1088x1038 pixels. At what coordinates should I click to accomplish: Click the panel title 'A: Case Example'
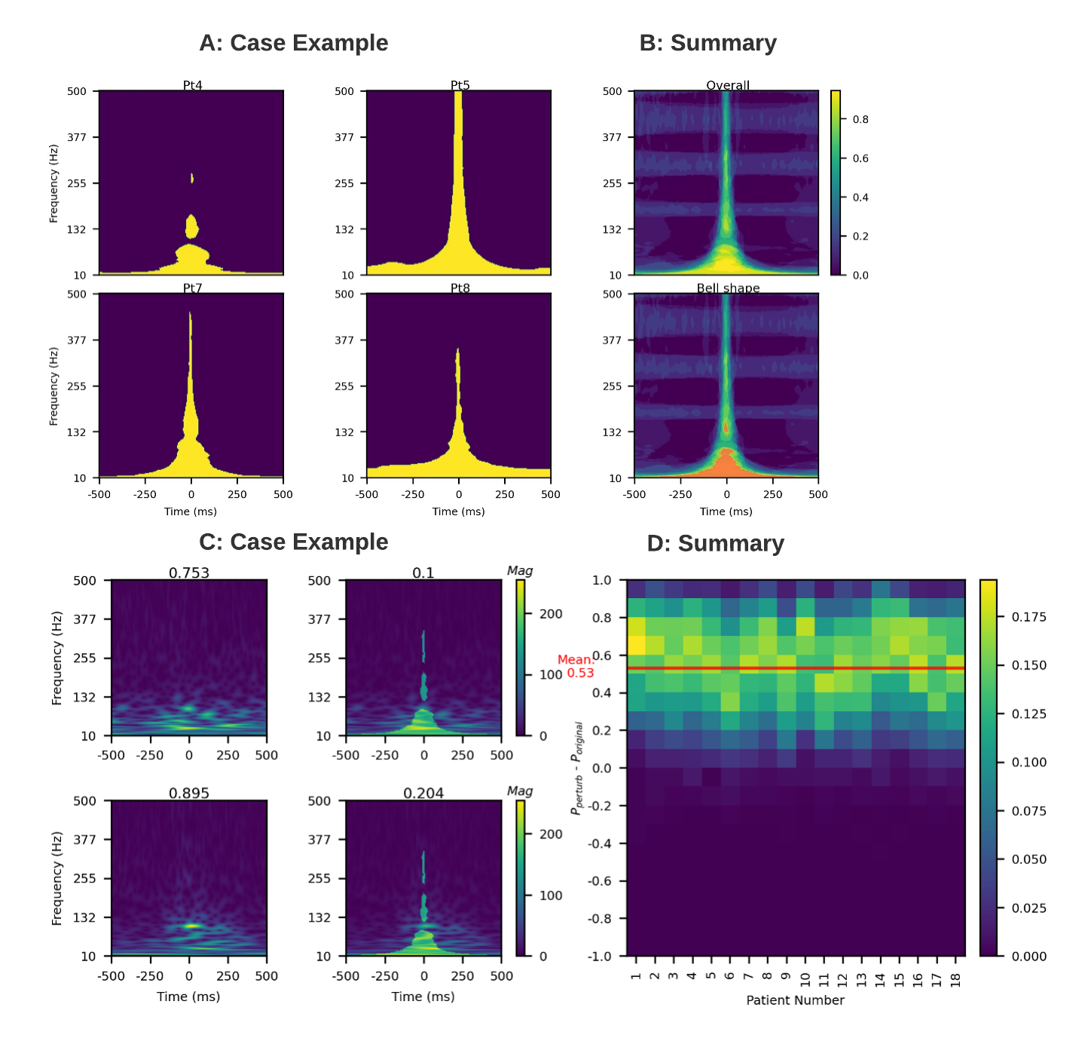(293, 43)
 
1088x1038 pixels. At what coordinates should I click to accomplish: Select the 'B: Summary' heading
(708, 43)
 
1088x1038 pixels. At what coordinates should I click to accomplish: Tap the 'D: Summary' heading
(715, 543)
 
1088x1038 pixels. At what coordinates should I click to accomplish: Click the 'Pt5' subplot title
(460, 85)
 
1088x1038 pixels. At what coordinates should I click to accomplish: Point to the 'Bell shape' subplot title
(728, 288)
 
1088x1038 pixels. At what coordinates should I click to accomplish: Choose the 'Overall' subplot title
(728, 85)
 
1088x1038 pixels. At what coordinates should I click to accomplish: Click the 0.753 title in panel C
(189, 572)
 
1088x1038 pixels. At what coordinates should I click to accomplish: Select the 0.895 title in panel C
(189, 792)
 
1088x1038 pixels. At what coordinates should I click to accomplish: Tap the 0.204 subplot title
(423, 792)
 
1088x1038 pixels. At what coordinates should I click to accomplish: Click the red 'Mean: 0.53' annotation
(576, 666)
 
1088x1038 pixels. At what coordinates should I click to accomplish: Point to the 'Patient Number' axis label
(795, 1000)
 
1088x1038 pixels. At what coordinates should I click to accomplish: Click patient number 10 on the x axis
(805, 979)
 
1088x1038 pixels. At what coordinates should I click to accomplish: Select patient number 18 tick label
(955, 979)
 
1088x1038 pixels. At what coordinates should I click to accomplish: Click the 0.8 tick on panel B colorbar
(860, 119)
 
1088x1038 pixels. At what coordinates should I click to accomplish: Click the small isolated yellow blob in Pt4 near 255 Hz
(192, 178)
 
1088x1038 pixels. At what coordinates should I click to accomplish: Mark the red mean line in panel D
(796, 668)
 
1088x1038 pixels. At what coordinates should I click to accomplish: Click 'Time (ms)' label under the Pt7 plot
(191, 511)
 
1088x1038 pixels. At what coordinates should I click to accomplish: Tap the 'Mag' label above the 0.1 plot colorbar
(520, 570)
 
